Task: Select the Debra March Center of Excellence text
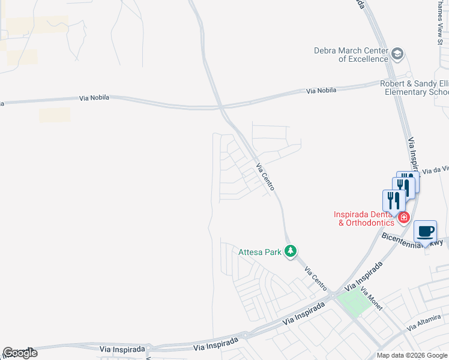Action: click(x=351, y=55)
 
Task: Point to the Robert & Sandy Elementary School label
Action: click(x=414, y=88)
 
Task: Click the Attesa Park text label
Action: click(x=260, y=252)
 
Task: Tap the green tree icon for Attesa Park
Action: click(x=291, y=251)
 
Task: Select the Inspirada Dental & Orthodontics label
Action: click(x=365, y=218)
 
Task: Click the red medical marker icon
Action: click(x=405, y=217)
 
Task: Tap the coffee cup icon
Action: click(x=425, y=232)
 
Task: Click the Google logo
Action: click(x=20, y=353)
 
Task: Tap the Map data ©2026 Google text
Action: click(x=412, y=355)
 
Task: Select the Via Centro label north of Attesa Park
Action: click(x=265, y=177)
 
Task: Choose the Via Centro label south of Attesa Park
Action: click(x=315, y=276)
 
